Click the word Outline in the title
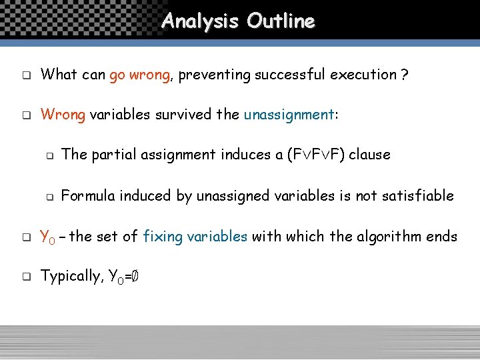click(x=280, y=21)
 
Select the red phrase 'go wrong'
click(x=140, y=75)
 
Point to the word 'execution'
click(x=365, y=75)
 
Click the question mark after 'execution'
click(x=405, y=75)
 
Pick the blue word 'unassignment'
click(x=289, y=115)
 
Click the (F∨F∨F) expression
click(x=315, y=155)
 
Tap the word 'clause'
click(x=370, y=155)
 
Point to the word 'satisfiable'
click(x=417, y=196)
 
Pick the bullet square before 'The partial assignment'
click(x=49, y=155)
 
